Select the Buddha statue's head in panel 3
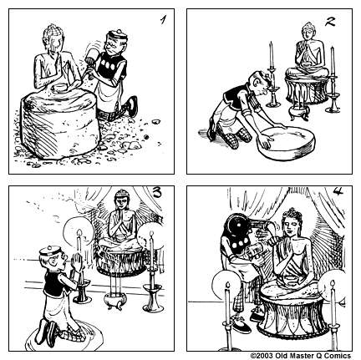(x=121, y=203)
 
